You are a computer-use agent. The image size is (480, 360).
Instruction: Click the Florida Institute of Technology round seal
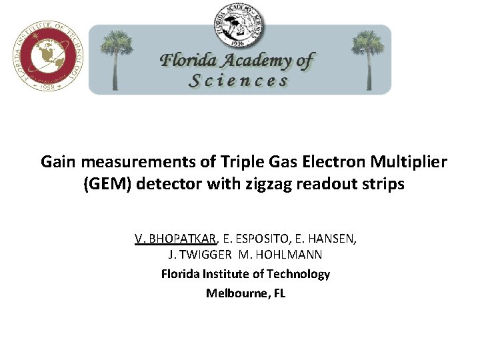click(x=49, y=57)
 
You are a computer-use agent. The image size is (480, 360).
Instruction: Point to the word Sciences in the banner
click(x=239, y=81)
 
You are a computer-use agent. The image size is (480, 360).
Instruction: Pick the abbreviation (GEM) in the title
click(x=108, y=184)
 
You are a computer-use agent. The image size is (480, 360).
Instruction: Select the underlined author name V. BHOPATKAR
click(x=175, y=239)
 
